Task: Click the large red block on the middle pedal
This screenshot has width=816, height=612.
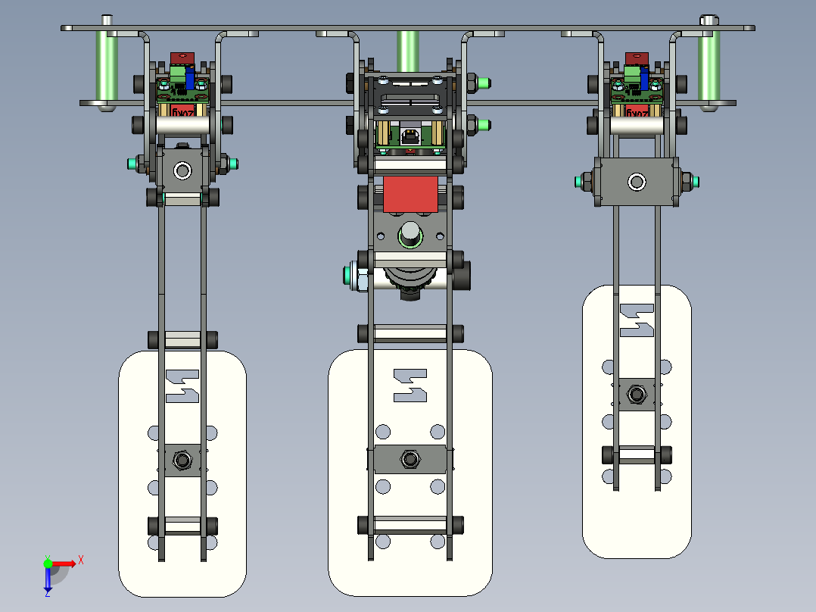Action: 410,194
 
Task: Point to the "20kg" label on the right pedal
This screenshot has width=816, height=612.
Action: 637,111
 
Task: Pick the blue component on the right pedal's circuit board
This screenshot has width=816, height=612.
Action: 645,76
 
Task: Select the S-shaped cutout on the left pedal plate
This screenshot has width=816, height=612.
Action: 182,386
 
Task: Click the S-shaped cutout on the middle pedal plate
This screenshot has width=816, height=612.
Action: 410,385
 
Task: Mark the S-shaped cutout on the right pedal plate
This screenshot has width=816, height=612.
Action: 637,320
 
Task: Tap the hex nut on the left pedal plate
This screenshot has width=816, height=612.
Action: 182,459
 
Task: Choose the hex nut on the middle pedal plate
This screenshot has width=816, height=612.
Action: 410,459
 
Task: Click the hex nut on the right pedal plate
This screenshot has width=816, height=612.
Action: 637,395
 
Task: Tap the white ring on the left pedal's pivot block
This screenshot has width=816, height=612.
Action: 182,170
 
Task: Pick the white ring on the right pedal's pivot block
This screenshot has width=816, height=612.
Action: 637,182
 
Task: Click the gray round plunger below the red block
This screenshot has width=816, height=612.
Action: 410,234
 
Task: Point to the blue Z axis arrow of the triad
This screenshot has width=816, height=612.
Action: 48,581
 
